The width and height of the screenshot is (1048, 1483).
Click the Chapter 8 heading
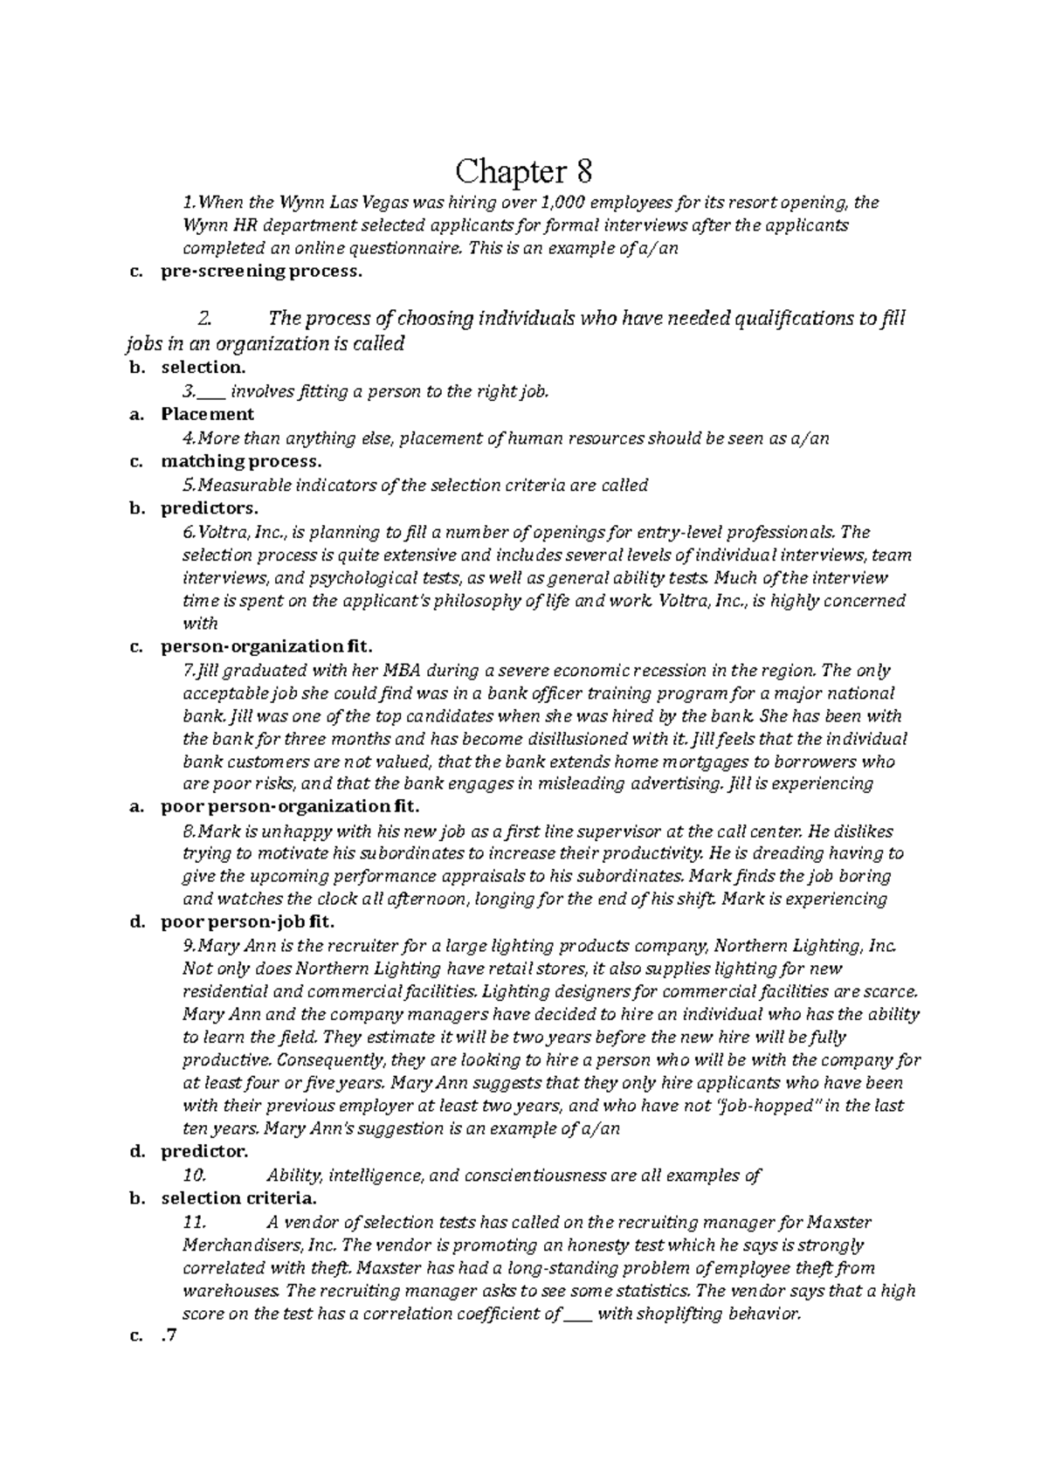coord(524,171)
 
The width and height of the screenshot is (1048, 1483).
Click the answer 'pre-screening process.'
coord(260,272)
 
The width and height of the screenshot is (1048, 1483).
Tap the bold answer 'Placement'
coord(207,415)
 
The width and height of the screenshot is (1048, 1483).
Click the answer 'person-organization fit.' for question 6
coord(266,647)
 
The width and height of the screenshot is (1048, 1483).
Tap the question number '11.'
coord(194,1222)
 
